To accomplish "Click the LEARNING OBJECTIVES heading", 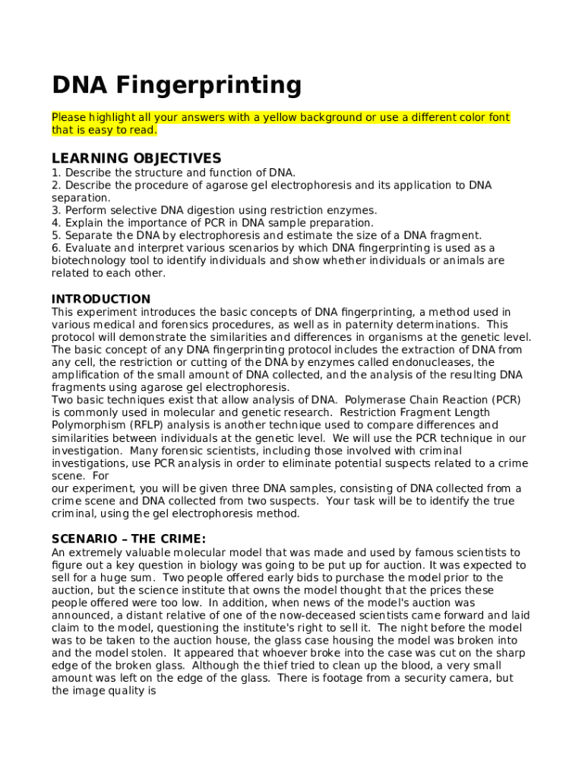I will pyautogui.click(x=136, y=158).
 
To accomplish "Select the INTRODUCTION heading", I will pyautogui.click(x=101, y=299).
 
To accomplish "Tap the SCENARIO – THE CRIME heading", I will pyautogui.click(x=128, y=539).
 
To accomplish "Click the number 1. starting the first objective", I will pyautogui.click(x=56, y=173).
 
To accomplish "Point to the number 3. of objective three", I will pyautogui.click(x=56, y=210).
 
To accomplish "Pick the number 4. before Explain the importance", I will pyautogui.click(x=56, y=223).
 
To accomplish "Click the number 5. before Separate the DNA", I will pyautogui.click(x=56, y=236).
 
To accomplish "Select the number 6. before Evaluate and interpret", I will pyautogui.click(x=56, y=248).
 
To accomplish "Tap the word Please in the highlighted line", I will pyautogui.click(x=68, y=118).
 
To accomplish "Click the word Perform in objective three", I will pyautogui.click(x=87, y=210).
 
